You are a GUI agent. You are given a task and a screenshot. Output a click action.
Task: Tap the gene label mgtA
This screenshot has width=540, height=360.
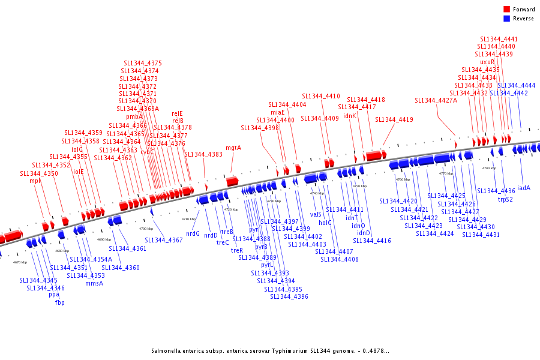[233, 148]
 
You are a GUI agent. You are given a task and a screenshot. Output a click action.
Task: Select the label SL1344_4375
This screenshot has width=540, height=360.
[143, 63]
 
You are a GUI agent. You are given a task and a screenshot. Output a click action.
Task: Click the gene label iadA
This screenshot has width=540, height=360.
[524, 188]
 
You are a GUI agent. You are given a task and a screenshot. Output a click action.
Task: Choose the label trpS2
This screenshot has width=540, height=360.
[505, 199]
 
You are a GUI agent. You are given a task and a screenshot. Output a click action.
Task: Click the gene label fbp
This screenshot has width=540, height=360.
[59, 302]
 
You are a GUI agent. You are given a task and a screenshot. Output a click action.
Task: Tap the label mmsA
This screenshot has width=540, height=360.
[94, 283]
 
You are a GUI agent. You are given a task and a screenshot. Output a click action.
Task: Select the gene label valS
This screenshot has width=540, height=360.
[316, 214]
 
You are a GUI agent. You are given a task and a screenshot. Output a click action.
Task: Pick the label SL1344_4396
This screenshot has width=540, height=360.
[289, 296]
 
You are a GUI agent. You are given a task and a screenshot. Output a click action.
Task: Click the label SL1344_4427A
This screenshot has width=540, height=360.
[436, 100]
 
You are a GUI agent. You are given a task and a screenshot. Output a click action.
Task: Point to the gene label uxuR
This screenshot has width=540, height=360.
[487, 62]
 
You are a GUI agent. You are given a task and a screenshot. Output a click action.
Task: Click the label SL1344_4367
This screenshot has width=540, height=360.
[164, 240]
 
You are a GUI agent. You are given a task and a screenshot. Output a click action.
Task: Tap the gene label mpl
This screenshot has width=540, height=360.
[34, 181]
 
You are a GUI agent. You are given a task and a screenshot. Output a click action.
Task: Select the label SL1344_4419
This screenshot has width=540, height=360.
[394, 119]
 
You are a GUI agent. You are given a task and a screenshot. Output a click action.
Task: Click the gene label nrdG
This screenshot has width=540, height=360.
[193, 233]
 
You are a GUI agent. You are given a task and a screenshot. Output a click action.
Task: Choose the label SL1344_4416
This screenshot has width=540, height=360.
[372, 241]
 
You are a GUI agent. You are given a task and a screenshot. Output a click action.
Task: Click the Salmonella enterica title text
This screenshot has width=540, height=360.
[269, 350]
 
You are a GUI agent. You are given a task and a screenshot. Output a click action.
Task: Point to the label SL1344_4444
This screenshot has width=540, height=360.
[517, 85]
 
